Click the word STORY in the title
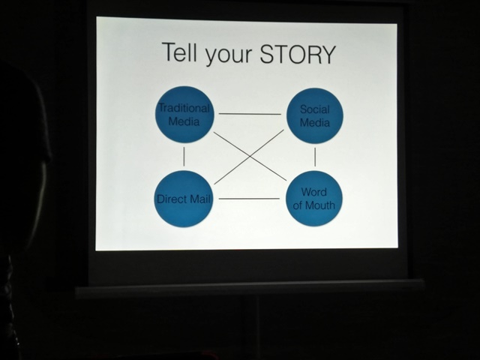point(297,55)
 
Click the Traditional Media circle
point(184,114)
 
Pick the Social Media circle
point(314,115)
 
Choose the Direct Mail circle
point(184,199)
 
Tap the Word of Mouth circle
point(314,198)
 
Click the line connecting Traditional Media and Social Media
point(250,114)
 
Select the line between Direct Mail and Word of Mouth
point(249,199)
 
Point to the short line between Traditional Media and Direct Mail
point(184,156)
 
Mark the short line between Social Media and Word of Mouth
point(315,157)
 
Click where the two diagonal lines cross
point(250,157)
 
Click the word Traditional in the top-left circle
point(184,108)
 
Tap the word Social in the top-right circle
point(314,109)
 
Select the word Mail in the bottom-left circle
point(200,199)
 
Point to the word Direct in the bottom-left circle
point(172,199)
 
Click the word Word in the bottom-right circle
point(314,192)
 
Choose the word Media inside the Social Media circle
point(315,122)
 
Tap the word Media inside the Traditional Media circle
point(184,121)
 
